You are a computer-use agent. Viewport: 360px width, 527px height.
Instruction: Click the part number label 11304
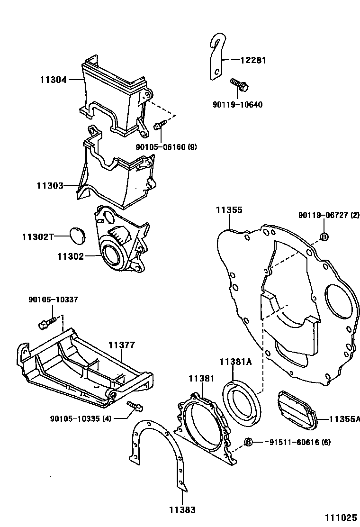click(x=52, y=80)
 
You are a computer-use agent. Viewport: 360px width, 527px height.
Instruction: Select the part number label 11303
click(x=50, y=185)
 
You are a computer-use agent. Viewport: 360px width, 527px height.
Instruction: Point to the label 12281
click(x=253, y=60)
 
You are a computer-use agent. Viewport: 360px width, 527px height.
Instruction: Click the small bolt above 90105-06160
click(x=160, y=125)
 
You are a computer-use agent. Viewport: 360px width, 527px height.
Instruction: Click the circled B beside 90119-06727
click(x=324, y=237)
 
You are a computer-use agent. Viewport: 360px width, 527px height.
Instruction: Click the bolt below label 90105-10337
click(x=45, y=324)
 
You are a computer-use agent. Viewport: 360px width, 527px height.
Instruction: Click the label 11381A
click(x=235, y=362)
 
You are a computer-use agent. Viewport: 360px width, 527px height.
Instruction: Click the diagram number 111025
click(x=341, y=518)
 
